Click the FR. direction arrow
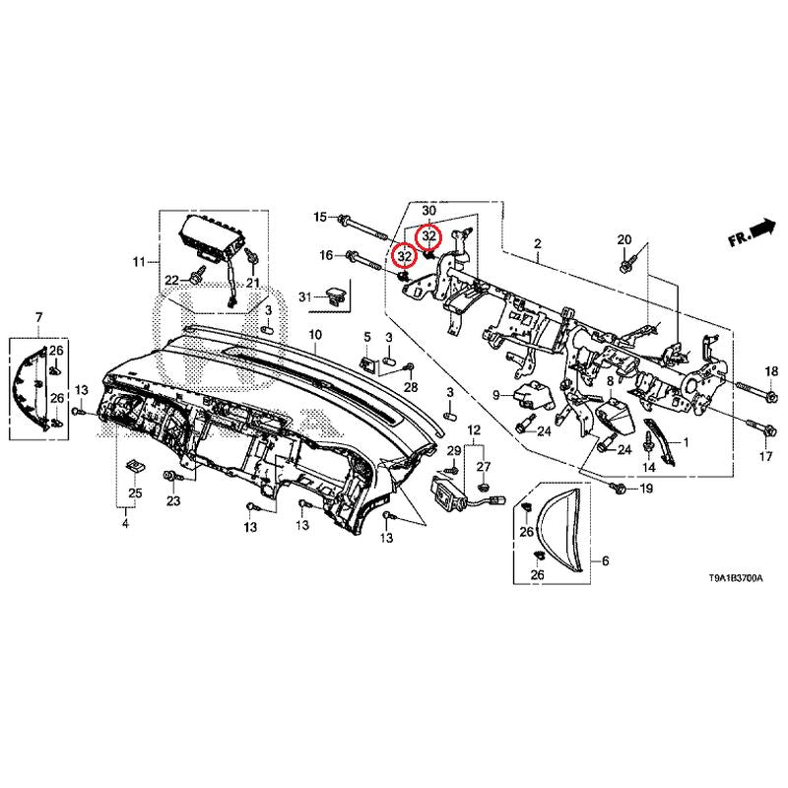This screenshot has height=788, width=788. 752,232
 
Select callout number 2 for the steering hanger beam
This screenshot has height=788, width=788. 538,242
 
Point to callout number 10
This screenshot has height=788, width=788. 315,335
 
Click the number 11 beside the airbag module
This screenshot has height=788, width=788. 139,262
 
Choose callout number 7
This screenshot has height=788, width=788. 38,316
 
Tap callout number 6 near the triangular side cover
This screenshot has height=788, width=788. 605,561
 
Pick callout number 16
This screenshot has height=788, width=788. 326,256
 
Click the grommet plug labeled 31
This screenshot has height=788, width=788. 338,293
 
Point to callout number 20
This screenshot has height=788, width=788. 624,240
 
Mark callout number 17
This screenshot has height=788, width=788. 765,458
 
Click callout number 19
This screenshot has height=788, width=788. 646,489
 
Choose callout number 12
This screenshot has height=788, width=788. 473,431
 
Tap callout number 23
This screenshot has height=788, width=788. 173,501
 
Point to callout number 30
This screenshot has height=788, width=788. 428,211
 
